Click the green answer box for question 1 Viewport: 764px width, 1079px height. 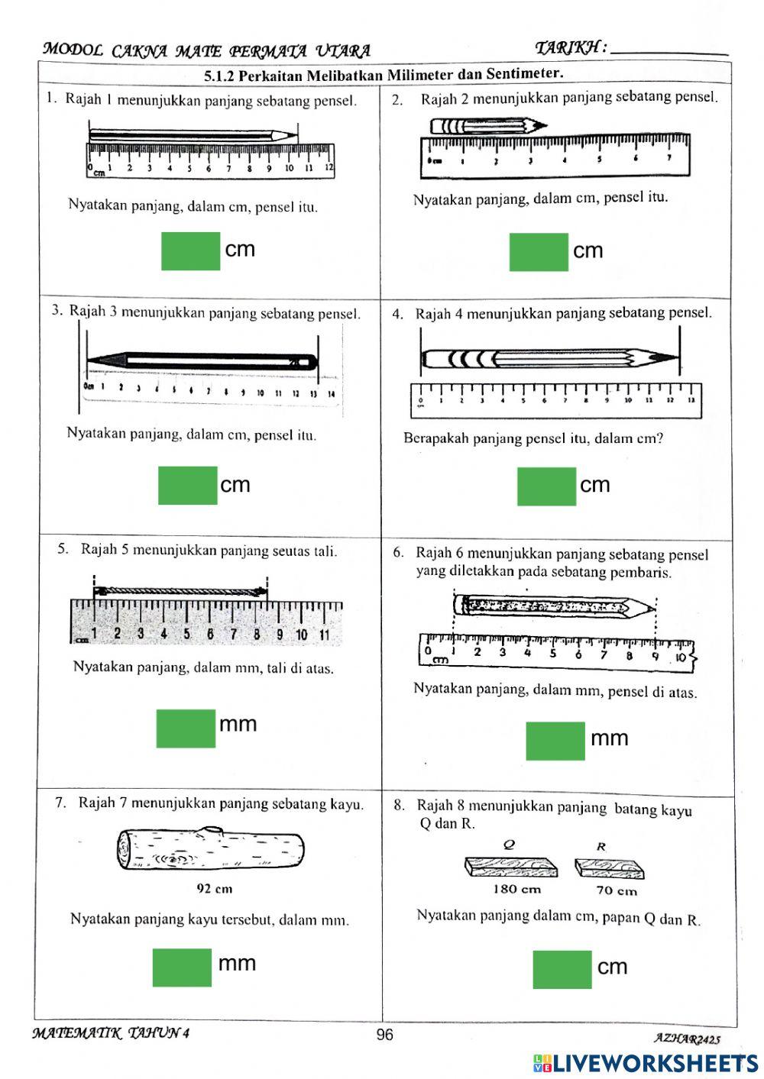coord(190,251)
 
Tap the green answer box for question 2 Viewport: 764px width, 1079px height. coord(539,252)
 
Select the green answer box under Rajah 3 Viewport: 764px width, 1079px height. coord(187,486)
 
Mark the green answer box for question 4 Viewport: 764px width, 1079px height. coord(546,486)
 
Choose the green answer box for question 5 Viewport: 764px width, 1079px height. coord(186,728)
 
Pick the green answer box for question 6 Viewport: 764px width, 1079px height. coord(555,741)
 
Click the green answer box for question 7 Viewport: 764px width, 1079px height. coord(182,968)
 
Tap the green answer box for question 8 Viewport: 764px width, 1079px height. coord(562,970)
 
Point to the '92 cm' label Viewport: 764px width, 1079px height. coord(215,889)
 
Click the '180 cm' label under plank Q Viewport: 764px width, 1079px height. coord(516,889)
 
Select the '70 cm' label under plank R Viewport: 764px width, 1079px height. coord(617,890)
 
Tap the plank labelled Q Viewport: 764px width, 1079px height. coord(511,867)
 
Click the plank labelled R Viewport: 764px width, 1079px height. coord(610,867)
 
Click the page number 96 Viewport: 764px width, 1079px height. coord(384,1035)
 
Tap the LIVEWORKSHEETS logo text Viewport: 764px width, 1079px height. coord(654,1063)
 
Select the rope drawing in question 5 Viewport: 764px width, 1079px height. coord(180,591)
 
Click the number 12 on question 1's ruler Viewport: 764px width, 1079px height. coord(329,166)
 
